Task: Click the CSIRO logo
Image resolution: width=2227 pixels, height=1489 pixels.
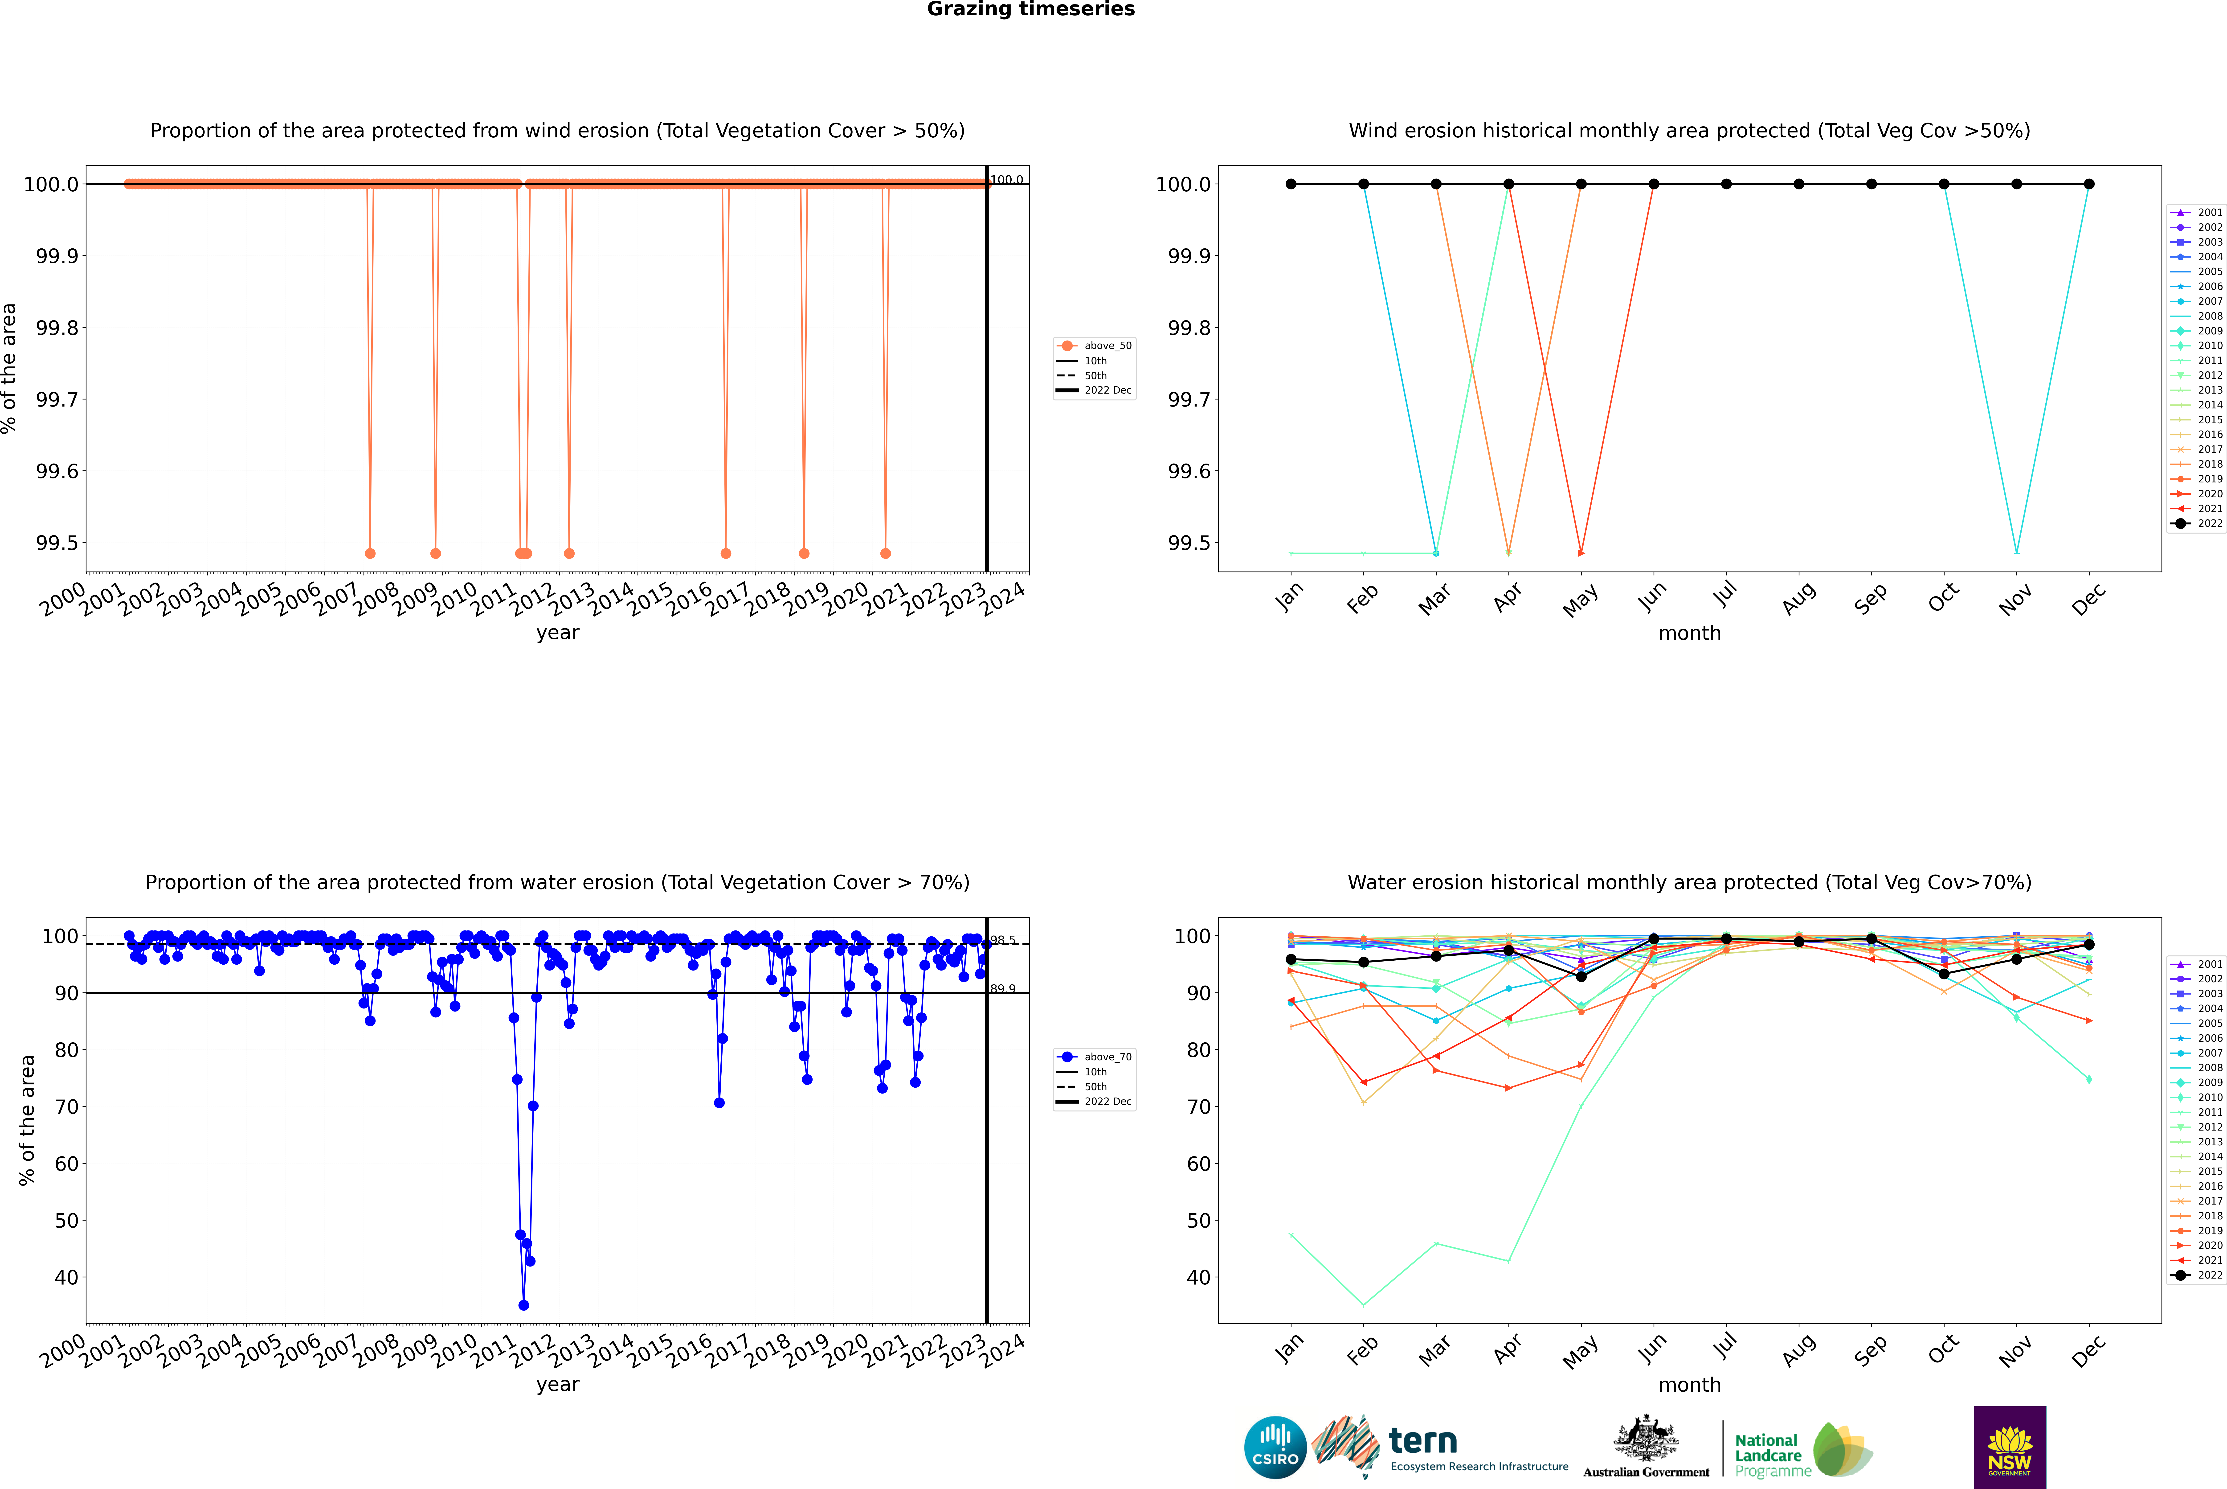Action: [1275, 1447]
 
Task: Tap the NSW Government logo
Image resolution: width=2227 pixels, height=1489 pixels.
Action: [2010, 1447]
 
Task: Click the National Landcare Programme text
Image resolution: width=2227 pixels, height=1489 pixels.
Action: [1768, 1455]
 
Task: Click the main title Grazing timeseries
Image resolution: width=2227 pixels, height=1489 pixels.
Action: [1031, 9]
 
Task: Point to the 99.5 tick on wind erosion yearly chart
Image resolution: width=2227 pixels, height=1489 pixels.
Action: [57, 543]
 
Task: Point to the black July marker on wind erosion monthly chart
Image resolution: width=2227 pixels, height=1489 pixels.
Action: [1726, 184]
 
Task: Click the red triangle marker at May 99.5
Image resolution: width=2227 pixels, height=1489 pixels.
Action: [1581, 553]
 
